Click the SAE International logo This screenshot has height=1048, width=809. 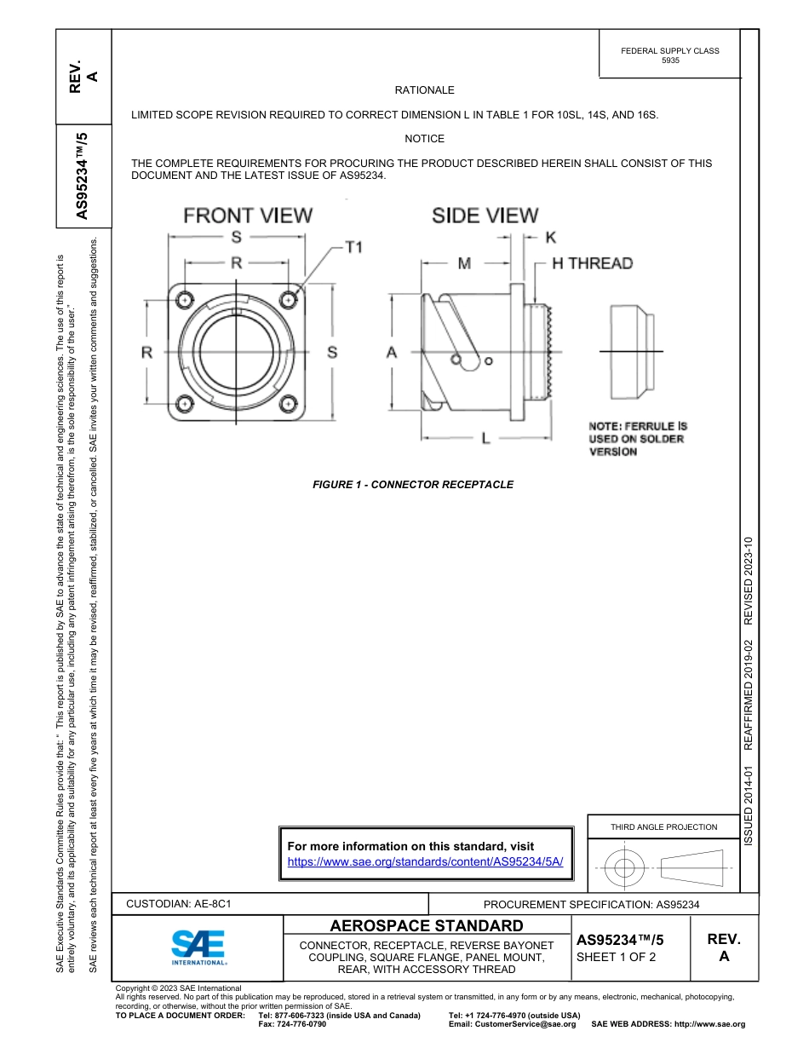[198, 946]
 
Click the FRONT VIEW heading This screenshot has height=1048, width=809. [248, 216]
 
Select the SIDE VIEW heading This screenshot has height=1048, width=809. [485, 216]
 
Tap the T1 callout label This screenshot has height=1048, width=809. [354, 247]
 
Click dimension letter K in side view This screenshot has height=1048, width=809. [551, 238]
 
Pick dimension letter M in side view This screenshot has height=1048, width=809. [464, 264]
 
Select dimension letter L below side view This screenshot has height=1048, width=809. [485, 439]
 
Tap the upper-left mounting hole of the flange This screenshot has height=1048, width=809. [184, 300]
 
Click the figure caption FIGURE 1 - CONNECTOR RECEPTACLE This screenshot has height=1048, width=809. [413, 485]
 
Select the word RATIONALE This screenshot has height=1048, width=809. [424, 90]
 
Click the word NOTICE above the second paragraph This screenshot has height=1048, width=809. [424, 139]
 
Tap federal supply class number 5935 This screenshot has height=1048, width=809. [670, 61]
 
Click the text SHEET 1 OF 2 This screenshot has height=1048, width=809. [616, 957]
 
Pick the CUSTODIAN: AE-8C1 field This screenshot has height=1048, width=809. [179, 903]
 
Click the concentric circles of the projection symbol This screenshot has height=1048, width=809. [624, 868]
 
